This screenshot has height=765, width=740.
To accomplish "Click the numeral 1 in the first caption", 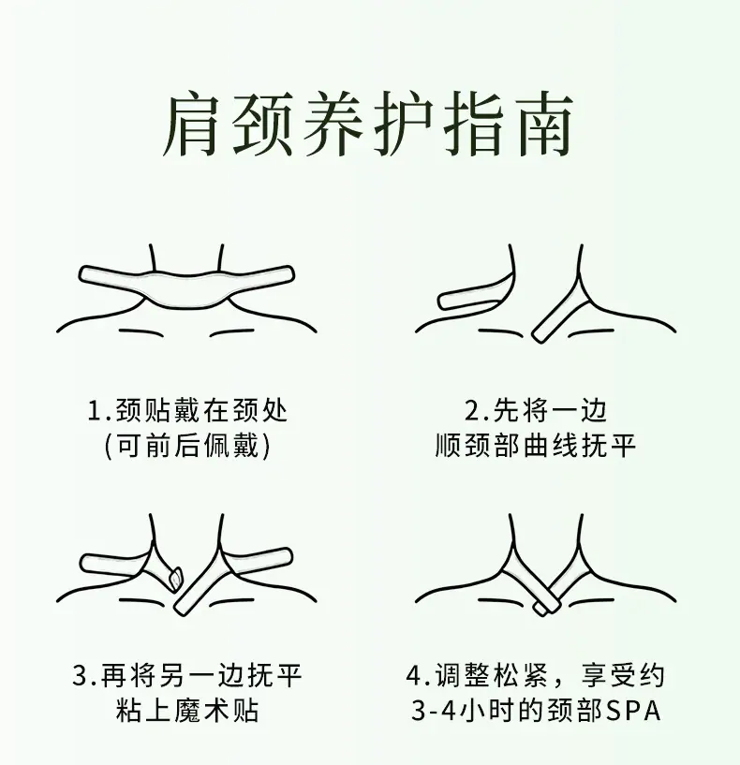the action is coord(95,410).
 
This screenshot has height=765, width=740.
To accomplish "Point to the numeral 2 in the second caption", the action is coord(472,410).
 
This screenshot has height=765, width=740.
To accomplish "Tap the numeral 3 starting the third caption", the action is coord(81,676).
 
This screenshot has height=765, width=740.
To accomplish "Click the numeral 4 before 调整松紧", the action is coord(414,676).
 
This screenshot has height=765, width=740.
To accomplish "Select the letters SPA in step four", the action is coord(633,711).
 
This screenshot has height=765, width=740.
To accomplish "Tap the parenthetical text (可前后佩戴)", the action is coord(187,446).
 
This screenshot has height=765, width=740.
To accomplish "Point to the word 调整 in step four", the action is coord(464,676).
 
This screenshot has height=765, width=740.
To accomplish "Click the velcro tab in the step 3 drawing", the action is coord(175,577).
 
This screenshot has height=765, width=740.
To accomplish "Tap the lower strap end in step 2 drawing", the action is coord(540,333).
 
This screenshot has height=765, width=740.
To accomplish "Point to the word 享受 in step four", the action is coord(609,676).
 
